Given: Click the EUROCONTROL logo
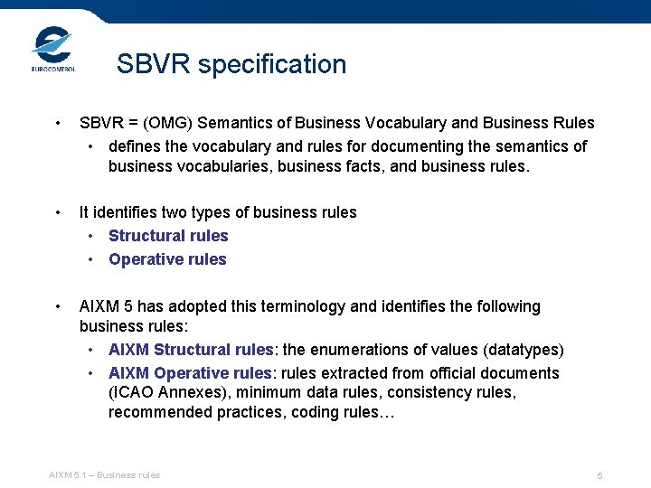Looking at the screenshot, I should [53, 49].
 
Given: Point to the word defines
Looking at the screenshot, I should [136, 145].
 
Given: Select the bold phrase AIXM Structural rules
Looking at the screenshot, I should [191, 350].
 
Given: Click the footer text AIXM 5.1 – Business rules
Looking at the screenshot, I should [105, 474].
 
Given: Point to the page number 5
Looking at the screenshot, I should [599, 475].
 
